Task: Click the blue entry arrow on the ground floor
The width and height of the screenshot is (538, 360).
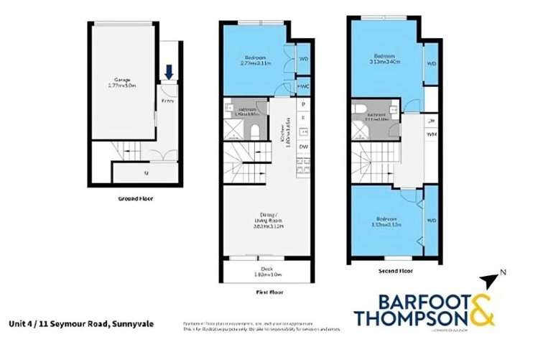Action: point(169,72)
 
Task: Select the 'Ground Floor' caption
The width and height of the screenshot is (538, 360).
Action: point(135,199)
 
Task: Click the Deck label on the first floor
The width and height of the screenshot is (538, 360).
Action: point(267,269)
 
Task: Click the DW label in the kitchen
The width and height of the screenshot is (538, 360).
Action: point(304,147)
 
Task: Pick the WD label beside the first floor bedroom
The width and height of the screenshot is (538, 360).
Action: point(303,58)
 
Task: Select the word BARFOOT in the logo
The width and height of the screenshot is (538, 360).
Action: point(411,300)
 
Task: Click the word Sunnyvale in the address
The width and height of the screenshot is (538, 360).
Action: point(131,324)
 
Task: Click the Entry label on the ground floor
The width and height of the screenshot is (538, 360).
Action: point(167,101)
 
